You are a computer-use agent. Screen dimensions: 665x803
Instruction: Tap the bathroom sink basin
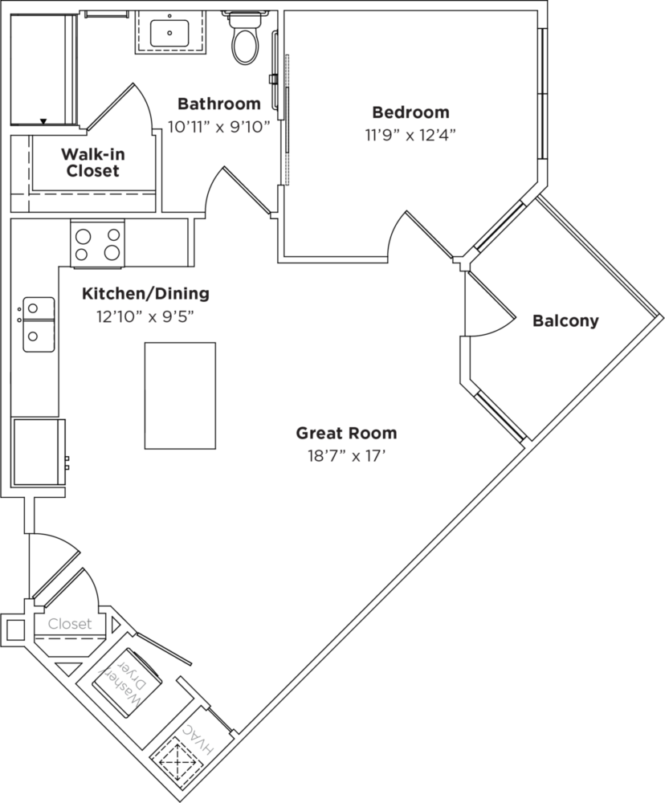click(169, 32)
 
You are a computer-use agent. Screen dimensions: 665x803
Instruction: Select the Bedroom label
click(410, 112)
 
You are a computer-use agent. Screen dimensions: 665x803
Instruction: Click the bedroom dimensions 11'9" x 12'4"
click(410, 135)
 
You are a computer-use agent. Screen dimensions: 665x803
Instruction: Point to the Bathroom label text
click(218, 104)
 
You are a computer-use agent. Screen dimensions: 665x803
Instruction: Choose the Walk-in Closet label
click(92, 162)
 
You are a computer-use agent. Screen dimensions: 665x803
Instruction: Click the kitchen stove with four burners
click(97, 243)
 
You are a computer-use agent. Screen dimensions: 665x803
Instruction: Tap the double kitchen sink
click(39, 324)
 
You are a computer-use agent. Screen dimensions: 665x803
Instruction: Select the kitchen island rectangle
click(180, 396)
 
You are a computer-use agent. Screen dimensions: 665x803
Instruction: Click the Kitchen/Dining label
click(146, 294)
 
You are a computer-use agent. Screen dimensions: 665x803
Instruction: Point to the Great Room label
click(346, 434)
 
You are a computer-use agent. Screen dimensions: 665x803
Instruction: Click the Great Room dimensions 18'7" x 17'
click(346, 456)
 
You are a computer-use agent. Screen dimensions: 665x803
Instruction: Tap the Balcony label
click(565, 321)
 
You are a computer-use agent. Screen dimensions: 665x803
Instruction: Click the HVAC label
click(198, 739)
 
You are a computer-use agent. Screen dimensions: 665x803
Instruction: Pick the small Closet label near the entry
click(70, 624)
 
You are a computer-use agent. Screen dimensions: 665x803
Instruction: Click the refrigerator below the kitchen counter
click(39, 451)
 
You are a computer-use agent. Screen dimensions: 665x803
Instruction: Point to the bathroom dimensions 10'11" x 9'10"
click(218, 127)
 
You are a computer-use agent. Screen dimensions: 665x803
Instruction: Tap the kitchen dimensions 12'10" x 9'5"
click(146, 317)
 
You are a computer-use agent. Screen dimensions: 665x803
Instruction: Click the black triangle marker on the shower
click(43, 121)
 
